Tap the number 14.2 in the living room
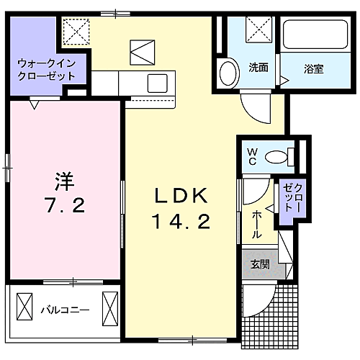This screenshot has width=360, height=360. pos(180,222)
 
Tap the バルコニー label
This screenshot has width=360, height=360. pos(65,310)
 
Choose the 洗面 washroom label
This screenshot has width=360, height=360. pos(258,69)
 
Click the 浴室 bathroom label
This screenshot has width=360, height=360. pos(313,69)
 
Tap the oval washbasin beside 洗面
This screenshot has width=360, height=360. pos(229,73)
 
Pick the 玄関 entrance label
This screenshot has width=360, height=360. pos(260,264)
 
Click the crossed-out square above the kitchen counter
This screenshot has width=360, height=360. pos(142,52)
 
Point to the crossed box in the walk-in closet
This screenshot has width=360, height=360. pos(73,32)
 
